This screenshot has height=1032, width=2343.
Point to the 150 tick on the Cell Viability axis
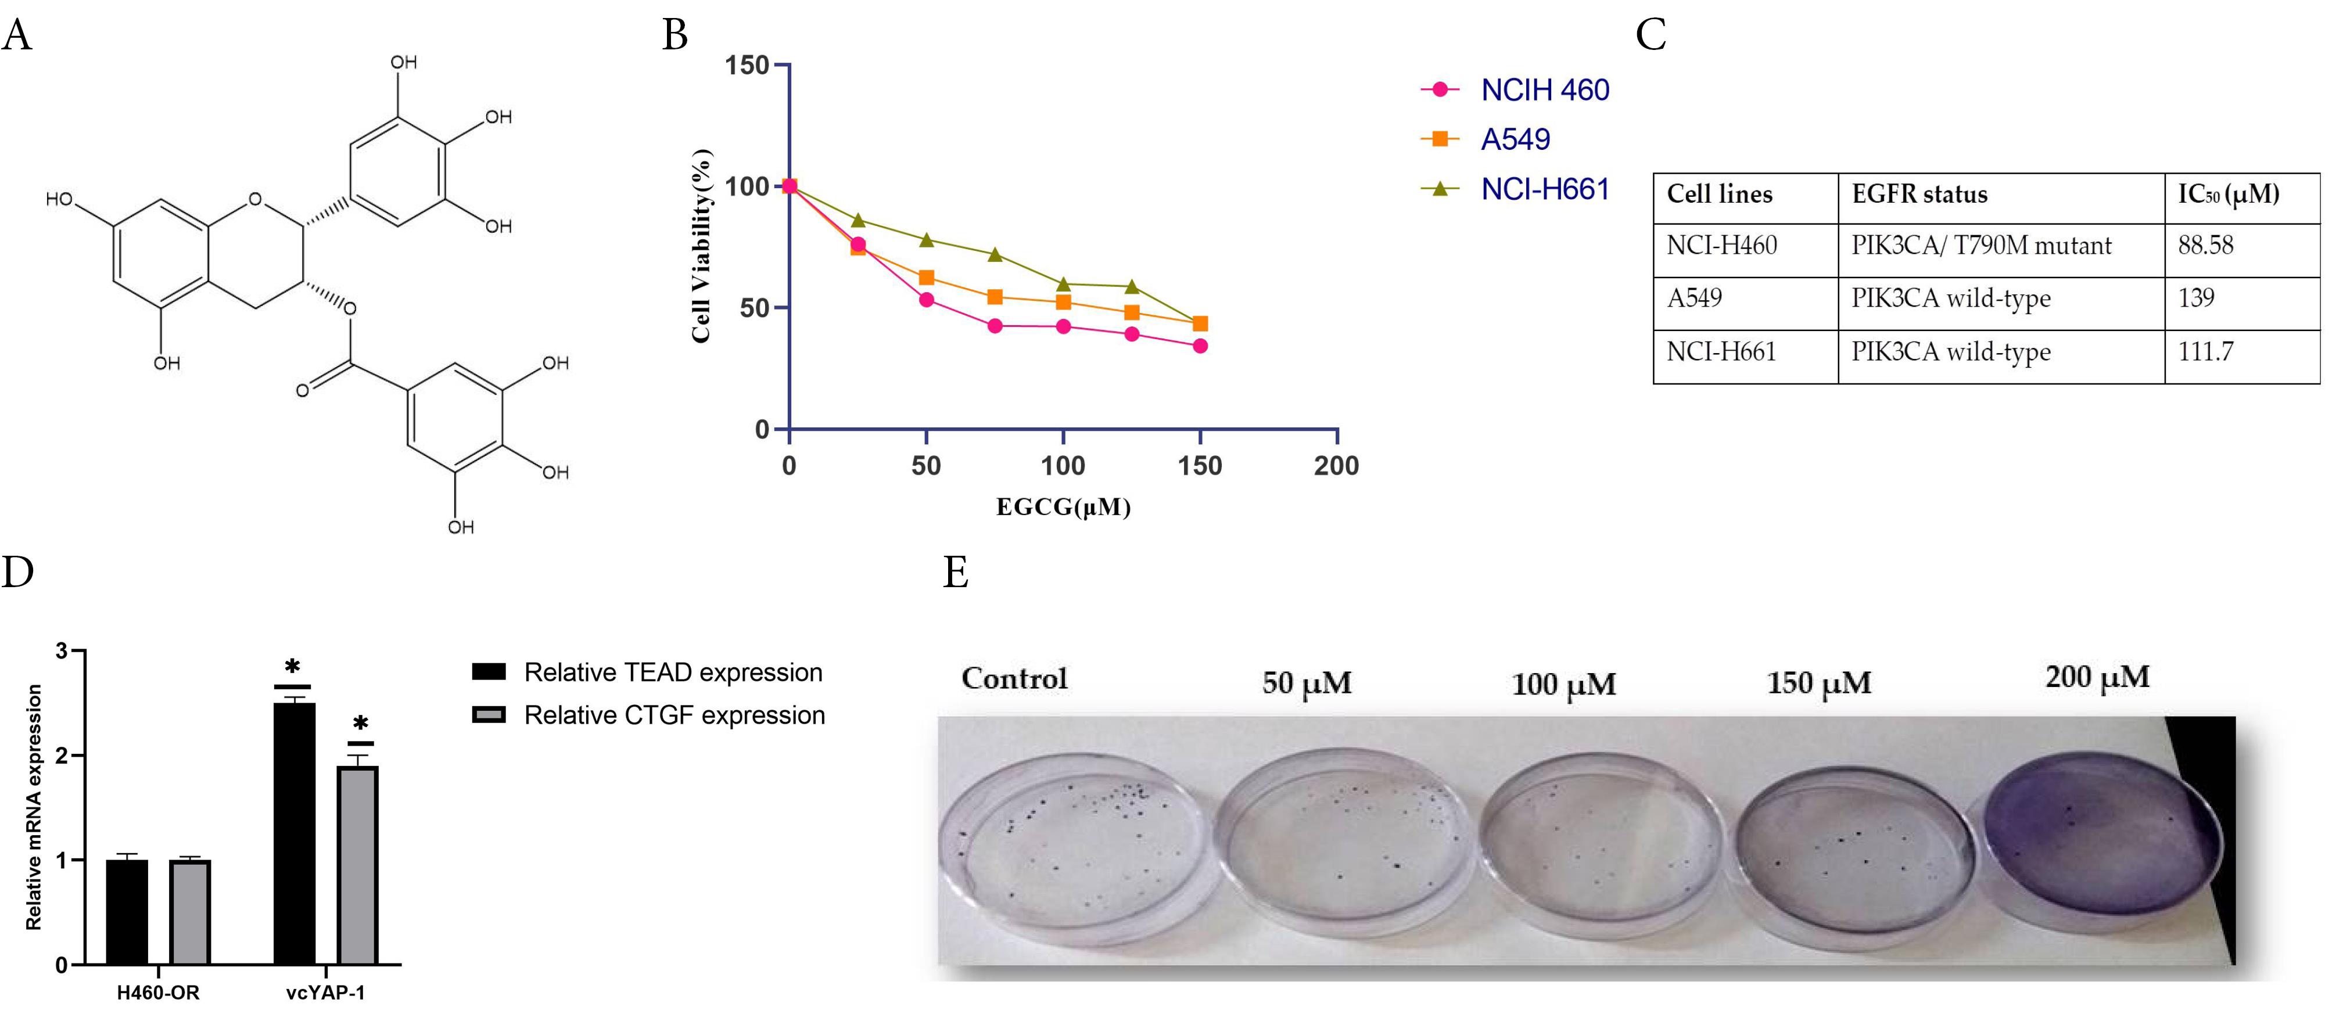pyautogui.click(x=748, y=66)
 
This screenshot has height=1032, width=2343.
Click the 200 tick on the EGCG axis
pyautogui.click(x=1336, y=466)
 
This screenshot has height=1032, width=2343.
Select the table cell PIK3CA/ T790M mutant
pyautogui.click(x=1981, y=246)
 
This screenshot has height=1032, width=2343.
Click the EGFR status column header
pyautogui.click(x=1919, y=195)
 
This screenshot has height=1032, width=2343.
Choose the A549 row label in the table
pyautogui.click(x=1693, y=299)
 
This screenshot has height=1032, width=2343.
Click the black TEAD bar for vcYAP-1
pyautogui.click(x=295, y=832)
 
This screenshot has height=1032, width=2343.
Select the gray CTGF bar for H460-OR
pyautogui.click(x=190, y=911)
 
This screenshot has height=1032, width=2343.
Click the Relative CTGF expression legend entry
pyautogui.click(x=673, y=715)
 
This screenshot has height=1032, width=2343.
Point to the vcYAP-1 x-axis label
pyautogui.click(x=325, y=993)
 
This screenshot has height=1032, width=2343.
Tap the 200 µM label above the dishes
pyautogui.click(x=2097, y=677)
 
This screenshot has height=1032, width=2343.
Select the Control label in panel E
pyautogui.click(x=1014, y=678)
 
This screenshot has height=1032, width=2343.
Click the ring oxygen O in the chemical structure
pyautogui.click(x=254, y=199)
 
